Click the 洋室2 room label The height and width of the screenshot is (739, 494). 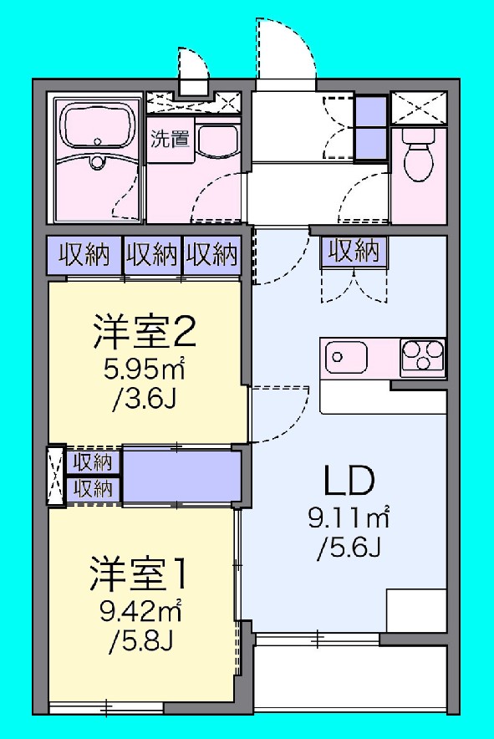(x=144, y=333)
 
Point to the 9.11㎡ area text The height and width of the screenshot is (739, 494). (x=349, y=519)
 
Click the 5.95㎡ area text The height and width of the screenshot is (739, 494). (x=144, y=369)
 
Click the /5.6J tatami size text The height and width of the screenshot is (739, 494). (x=349, y=548)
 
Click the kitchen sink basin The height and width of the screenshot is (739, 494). (x=345, y=358)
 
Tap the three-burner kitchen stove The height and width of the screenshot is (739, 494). (x=423, y=358)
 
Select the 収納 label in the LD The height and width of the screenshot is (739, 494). (x=353, y=250)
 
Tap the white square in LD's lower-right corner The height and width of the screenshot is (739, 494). (x=416, y=610)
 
